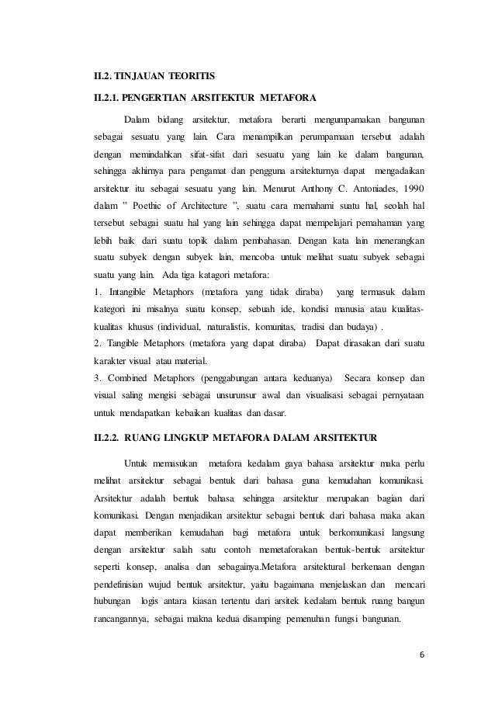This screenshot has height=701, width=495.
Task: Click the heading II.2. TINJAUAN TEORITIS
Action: [x=151, y=76]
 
